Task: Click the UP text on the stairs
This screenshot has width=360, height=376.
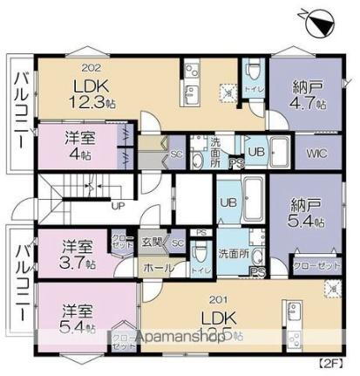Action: coord(117,207)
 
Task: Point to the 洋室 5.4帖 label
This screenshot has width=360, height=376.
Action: coord(79,317)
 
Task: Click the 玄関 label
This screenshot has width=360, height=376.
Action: coord(153,242)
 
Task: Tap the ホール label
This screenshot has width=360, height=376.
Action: coord(157,268)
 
